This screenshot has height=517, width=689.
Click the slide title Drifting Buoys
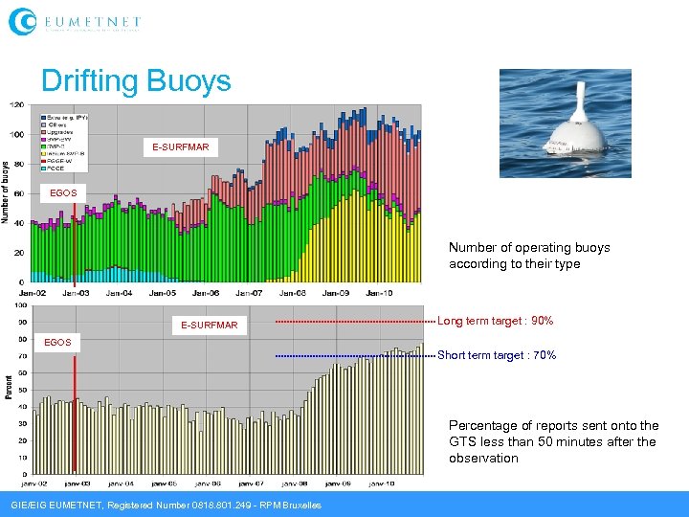(136, 80)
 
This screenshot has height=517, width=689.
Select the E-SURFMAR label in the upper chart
(181, 147)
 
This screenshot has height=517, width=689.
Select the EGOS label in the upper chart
(63, 193)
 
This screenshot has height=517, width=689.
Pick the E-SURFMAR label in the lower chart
(209, 326)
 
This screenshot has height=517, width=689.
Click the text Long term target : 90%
(495, 321)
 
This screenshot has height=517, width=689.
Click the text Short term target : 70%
(496, 355)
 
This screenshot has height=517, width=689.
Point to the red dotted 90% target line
(354, 322)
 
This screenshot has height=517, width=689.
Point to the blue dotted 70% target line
(354, 356)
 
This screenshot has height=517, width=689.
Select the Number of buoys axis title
(7, 191)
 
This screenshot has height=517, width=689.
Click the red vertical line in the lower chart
(75, 421)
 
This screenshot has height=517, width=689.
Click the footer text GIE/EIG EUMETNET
(165, 505)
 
